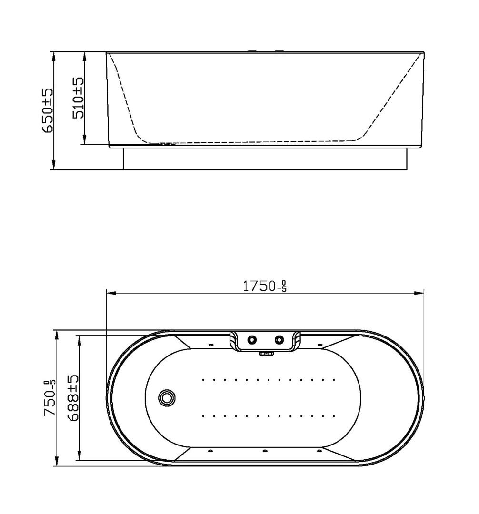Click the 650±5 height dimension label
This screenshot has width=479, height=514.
(48, 110)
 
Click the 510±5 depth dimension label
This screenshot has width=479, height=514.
(78, 98)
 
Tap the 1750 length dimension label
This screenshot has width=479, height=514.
(265, 286)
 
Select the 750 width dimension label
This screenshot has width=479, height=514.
(50, 398)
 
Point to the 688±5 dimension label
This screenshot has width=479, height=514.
(72, 398)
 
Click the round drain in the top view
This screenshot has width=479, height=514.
(167, 397)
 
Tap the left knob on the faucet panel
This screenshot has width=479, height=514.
(252, 340)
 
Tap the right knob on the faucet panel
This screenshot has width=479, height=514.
(279, 340)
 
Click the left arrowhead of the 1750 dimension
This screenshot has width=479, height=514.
(111, 293)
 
